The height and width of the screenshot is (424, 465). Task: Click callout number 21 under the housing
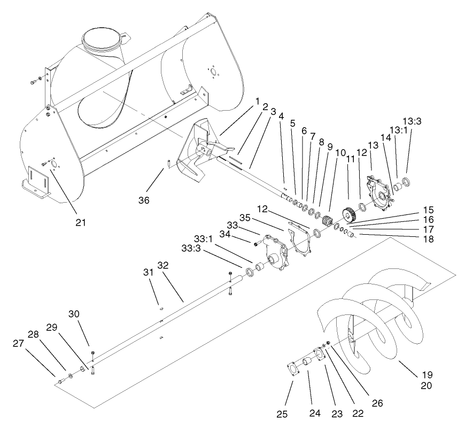click(80, 221)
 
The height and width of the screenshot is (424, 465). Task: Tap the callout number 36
click(143, 200)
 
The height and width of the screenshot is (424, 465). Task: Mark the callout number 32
click(163, 266)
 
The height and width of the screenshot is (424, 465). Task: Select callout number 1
click(257, 101)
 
